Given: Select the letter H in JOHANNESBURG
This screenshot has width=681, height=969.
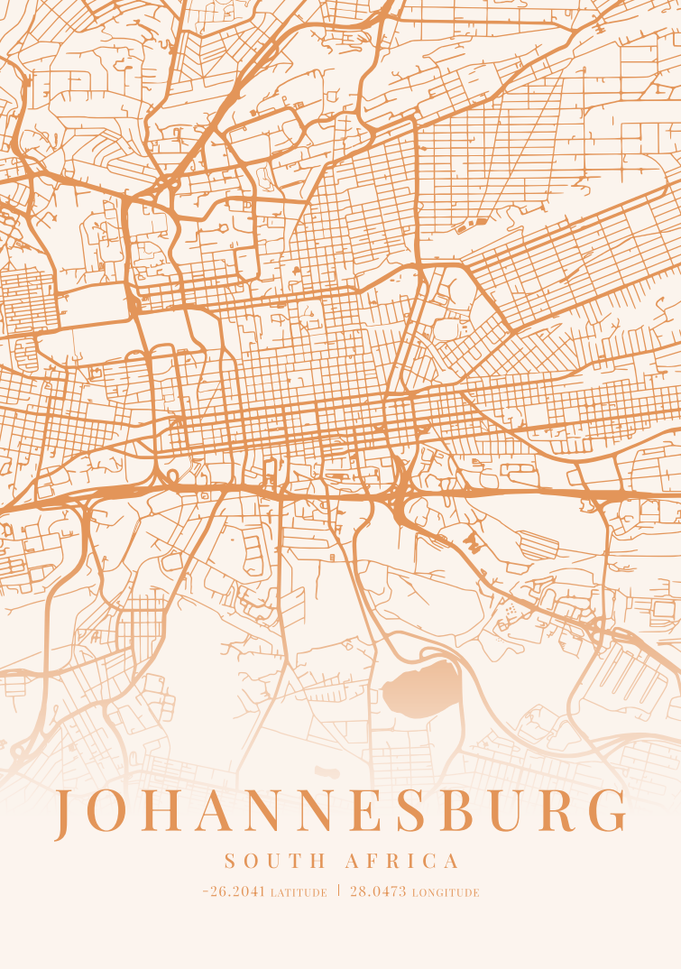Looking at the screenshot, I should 161,812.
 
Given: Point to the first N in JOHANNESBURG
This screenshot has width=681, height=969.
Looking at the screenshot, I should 265,812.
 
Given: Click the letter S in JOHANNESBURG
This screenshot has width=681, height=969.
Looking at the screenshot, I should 412,812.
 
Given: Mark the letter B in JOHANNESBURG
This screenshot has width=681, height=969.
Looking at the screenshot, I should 456,812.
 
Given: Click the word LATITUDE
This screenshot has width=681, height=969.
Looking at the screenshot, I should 299,893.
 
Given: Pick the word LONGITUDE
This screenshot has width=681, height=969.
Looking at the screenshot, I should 446,893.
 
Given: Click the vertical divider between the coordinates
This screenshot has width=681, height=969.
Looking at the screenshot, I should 339,891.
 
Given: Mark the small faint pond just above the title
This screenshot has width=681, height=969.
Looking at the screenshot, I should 325,771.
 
